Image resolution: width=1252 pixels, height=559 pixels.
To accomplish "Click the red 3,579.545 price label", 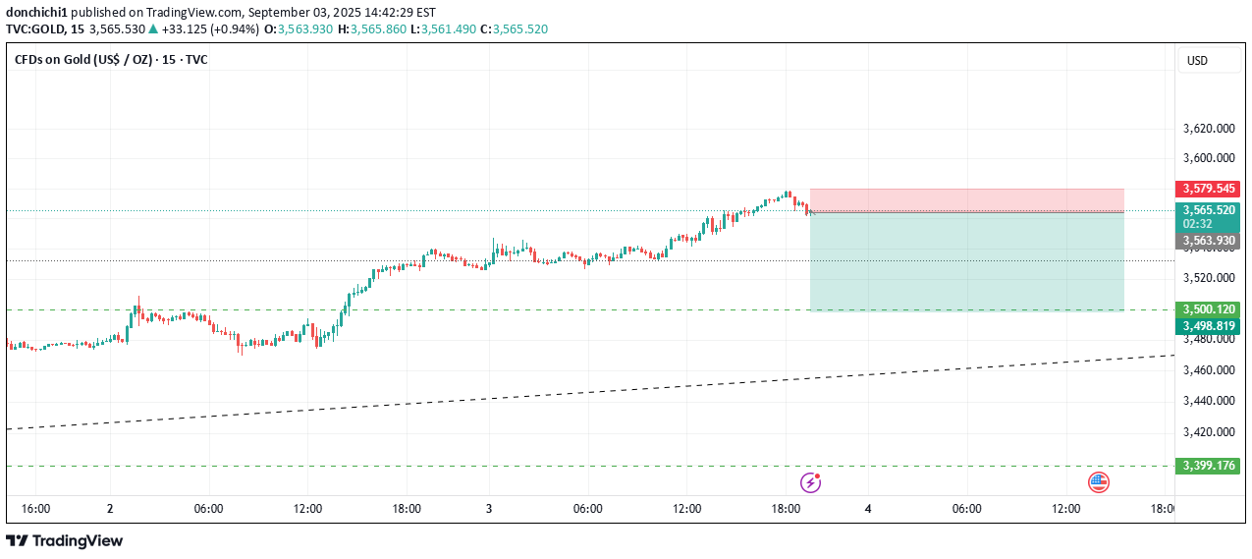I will click(1207, 188).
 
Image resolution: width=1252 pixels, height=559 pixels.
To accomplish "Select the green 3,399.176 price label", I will click(1207, 466).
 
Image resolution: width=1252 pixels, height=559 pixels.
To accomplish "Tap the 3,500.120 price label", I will click(1207, 308).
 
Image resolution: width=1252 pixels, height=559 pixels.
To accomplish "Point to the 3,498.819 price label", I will click(1207, 326).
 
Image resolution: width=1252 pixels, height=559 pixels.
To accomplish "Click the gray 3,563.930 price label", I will click(1207, 241).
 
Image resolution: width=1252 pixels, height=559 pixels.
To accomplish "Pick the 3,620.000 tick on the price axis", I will click(1207, 128).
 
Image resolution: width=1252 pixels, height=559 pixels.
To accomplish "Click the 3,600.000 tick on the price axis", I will click(1207, 158).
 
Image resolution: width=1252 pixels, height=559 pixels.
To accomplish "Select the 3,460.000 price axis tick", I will click(1207, 370).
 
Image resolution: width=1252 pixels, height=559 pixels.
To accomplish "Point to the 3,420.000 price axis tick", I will click(1207, 431).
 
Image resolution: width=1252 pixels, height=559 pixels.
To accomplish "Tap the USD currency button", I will click(1197, 61).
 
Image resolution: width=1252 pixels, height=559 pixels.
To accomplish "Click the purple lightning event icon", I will click(810, 481).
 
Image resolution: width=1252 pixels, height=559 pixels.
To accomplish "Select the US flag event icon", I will click(1098, 481).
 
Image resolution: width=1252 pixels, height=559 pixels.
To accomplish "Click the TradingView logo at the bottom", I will click(65, 540).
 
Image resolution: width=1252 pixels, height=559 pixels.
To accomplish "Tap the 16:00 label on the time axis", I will click(35, 509).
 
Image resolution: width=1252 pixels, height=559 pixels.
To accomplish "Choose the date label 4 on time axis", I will click(868, 509).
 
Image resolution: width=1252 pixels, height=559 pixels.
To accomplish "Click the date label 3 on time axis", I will click(488, 509).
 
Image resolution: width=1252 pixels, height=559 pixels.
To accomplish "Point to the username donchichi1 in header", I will click(36, 13).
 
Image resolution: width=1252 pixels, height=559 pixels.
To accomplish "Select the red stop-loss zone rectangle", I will click(966, 199).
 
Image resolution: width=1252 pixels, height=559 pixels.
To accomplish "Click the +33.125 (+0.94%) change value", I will click(210, 29).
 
